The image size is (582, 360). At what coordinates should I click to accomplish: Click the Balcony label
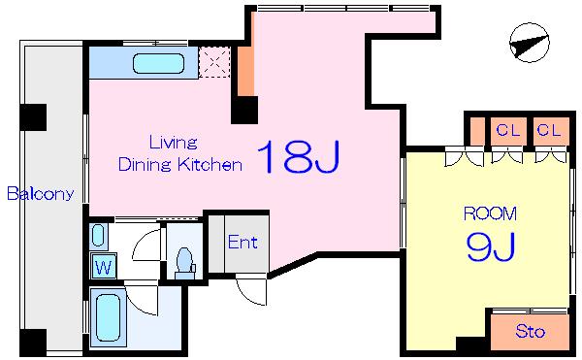41,194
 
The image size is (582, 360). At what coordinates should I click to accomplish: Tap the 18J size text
298,156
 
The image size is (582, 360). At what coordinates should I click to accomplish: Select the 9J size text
491,246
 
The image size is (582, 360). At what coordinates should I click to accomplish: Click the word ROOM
490,213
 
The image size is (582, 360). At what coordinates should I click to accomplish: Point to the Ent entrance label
242,243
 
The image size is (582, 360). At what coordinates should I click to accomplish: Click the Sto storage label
530,331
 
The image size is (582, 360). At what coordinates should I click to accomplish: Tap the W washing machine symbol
104,266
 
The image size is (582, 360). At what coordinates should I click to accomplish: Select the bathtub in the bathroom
108,317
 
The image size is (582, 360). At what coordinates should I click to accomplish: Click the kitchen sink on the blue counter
158,63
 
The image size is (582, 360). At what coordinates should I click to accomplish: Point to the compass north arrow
530,43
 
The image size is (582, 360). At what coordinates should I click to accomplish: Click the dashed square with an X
214,62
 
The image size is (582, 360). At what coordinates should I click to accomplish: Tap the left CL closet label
508,130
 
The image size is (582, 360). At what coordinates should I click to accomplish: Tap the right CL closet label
549,130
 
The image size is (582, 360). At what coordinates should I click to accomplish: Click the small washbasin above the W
98,236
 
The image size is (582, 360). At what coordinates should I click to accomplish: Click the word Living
173,143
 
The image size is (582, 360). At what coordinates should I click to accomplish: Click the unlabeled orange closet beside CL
477,131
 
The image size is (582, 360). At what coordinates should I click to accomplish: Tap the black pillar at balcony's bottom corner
33,343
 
